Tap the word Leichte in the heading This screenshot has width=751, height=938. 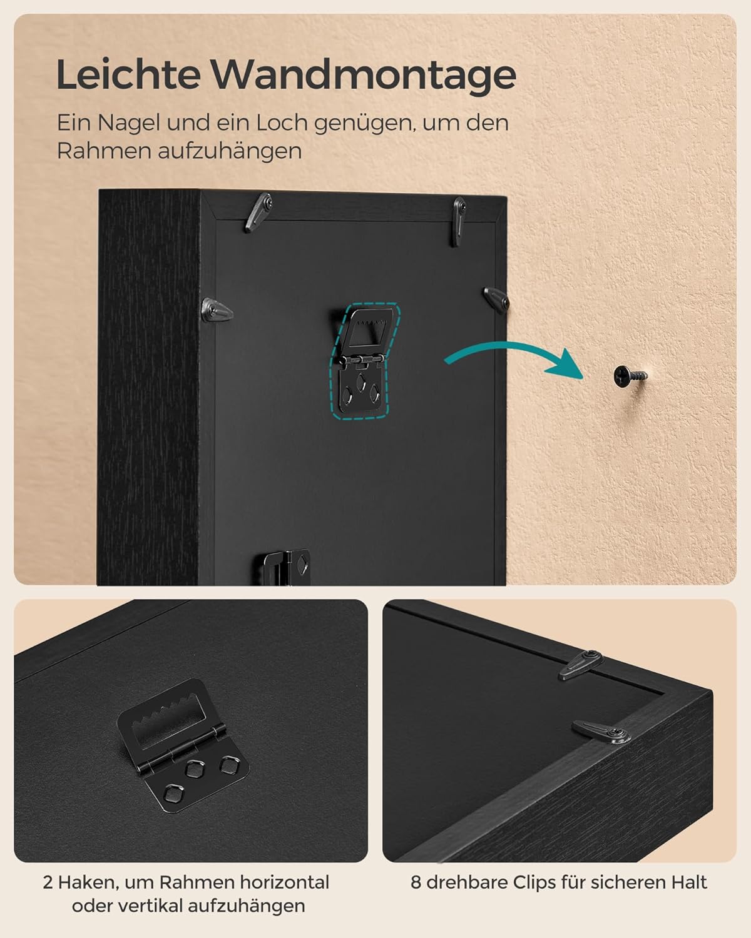[x=128, y=74]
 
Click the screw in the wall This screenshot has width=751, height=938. [x=630, y=375]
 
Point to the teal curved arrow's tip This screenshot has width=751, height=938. [x=582, y=378]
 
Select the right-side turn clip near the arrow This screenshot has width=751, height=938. [x=496, y=298]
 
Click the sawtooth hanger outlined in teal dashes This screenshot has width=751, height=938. [x=362, y=360]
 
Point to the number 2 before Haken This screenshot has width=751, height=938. [x=48, y=882]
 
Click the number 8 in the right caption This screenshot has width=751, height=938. [x=416, y=882]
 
